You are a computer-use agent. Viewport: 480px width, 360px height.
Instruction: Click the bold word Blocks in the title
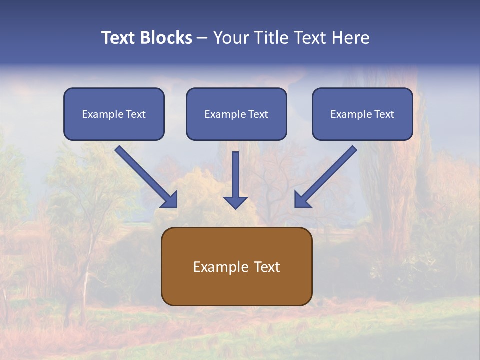[x=168, y=38]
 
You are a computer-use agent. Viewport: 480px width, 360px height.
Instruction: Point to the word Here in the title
[x=351, y=38]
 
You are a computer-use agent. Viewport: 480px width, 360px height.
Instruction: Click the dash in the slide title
[x=202, y=38]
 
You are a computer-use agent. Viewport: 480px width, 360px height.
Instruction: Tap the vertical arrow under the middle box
[x=235, y=175]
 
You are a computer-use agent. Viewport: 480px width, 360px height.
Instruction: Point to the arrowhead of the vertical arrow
[x=235, y=202]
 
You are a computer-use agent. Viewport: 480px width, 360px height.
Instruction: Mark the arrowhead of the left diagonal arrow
[x=170, y=200]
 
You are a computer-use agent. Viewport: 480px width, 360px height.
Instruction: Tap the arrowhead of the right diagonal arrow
[x=302, y=200]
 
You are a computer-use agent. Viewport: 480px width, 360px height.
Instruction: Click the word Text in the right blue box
[x=384, y=114]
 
